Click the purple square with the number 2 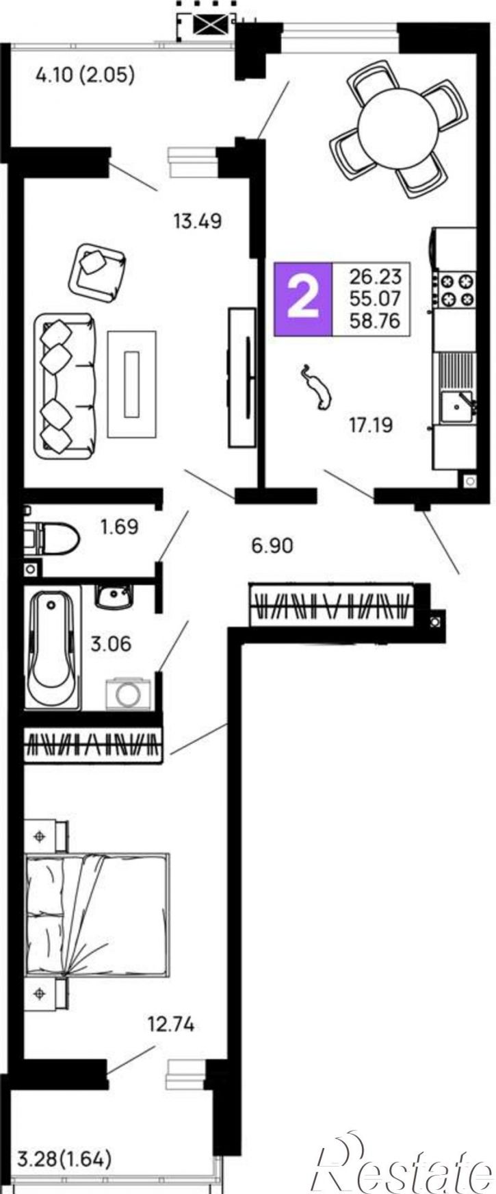[x=302, y=299]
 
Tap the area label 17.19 [x=371, y=425]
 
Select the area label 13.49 [x=198, y=221]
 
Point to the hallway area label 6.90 [x=272, y=546]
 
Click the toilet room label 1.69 [x=119, y=527]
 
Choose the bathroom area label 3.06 [x=111, y=644]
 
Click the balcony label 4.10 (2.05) [x=85, y=74]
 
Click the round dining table [x=397, y=128]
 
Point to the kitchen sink [x=456, y=404]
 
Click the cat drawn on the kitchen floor [x=317, y=388]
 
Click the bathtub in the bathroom [x=53, y=647]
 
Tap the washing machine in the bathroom [x=128, y=693]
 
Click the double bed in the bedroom [x=96, y=914]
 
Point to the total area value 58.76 [x=375, y=320]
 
